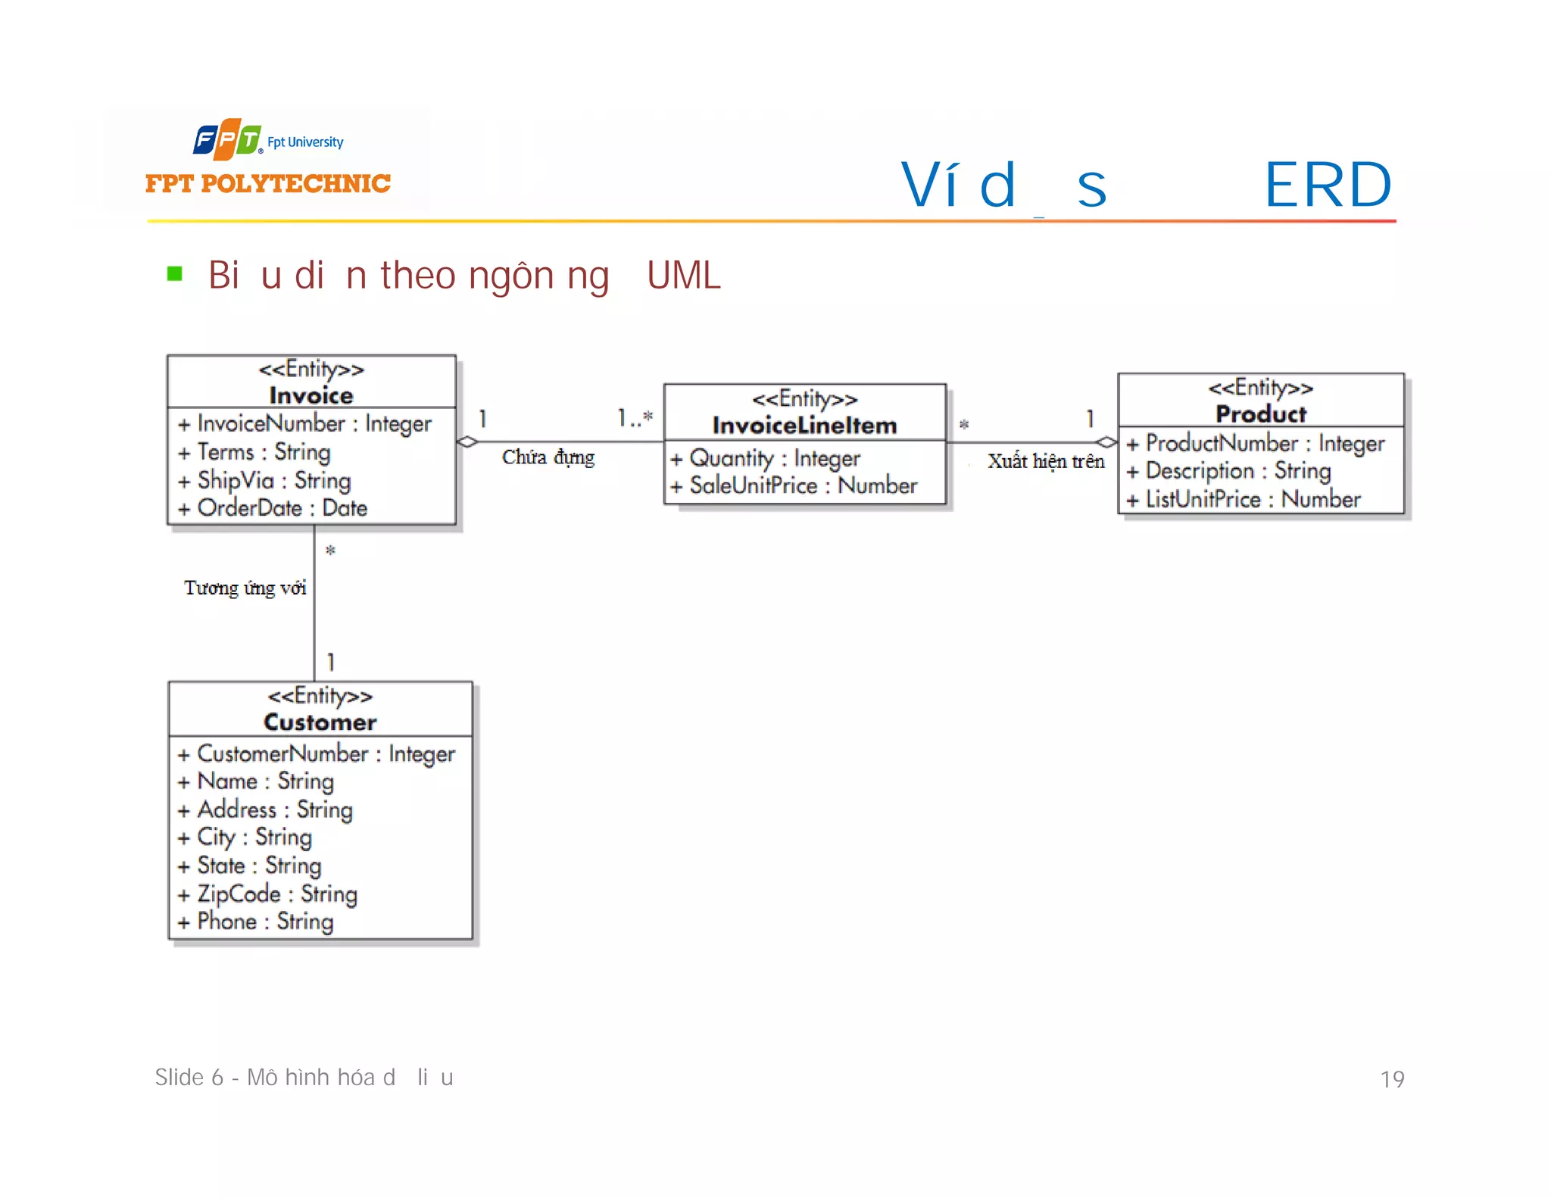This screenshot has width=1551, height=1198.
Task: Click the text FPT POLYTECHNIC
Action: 267,184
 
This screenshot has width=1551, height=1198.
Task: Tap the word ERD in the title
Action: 1328,186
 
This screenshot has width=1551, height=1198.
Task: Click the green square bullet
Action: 175,273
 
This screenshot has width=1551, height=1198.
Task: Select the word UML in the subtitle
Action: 683,276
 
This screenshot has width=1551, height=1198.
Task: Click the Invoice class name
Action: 311,395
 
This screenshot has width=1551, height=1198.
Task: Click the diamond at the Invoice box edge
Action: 467,441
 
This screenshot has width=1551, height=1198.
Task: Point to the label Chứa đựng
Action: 548,457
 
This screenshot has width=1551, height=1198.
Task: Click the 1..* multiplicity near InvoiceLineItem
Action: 635,417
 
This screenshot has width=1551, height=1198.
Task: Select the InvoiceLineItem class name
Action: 804,426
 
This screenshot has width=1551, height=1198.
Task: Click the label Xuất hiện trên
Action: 1046,461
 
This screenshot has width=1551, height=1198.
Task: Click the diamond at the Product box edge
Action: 1107,442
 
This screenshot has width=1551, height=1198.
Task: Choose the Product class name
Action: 1261,414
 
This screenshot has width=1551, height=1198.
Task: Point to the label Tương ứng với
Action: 245,588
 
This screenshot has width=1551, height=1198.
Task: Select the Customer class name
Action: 320,722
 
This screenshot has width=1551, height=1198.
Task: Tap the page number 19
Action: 1391,1079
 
